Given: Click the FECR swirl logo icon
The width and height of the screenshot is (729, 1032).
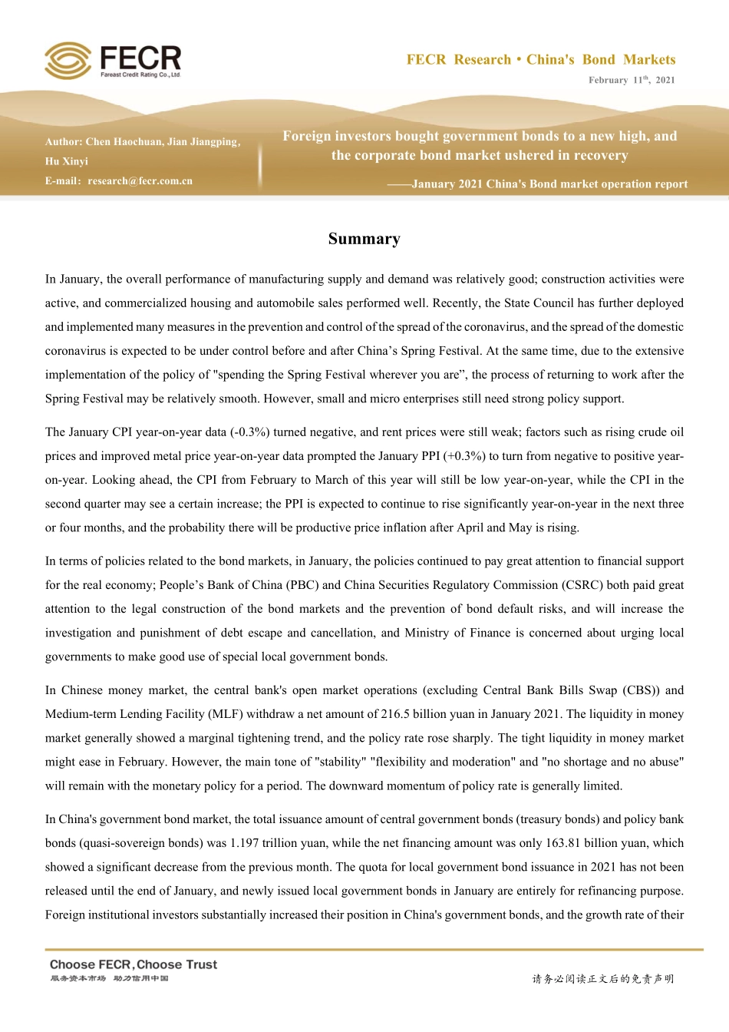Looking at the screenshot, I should (x=68, y=60).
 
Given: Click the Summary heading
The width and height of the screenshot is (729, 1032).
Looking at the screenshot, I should (x=364, y=239).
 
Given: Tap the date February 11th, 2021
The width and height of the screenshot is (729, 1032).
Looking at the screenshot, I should (x=632, y=80).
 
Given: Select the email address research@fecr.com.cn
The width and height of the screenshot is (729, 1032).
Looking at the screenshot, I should (x=140, y=181).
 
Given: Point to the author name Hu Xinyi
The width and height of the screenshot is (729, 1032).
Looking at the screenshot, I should (x=67, y=161).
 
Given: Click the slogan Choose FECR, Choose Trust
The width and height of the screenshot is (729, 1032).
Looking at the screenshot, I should (x=134, y=964).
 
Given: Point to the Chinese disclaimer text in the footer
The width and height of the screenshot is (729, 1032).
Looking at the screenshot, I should (x=603, y=979).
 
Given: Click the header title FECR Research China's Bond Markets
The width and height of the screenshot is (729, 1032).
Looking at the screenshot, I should (x=541, y=60).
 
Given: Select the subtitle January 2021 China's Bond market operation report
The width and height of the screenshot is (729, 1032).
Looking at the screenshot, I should (x=549, y=184).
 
